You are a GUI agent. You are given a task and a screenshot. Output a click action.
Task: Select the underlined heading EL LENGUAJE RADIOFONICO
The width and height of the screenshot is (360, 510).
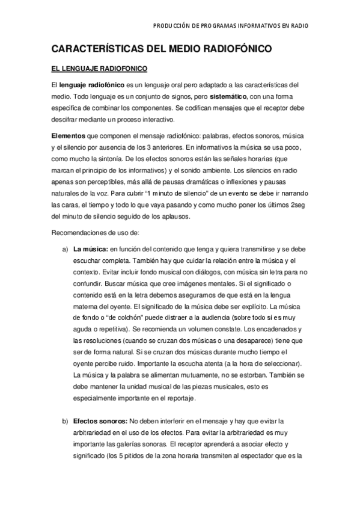tap(99, 69)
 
